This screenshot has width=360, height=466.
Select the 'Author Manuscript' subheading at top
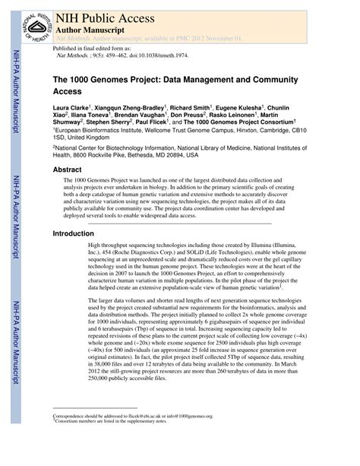pyautogui.click(x=93, y=25)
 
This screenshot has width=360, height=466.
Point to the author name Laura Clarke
pyautogui.click(x=70, y=109)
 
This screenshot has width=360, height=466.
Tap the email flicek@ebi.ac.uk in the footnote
pyautogui.click(x=162, y=437)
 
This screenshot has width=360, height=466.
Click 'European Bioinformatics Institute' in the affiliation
pyautogui.click(x=106, y=130)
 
